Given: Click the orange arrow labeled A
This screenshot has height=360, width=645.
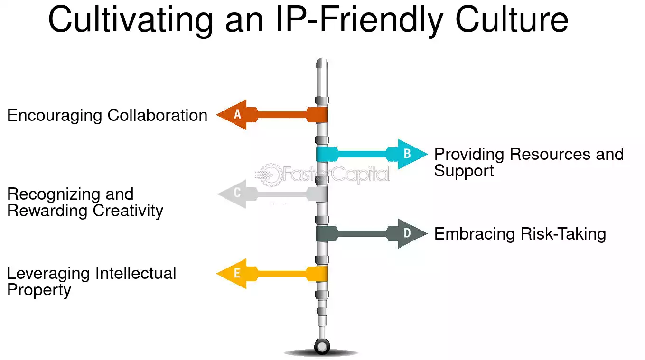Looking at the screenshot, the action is click(272, 115).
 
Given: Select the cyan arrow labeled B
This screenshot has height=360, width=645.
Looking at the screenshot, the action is click(372, 154).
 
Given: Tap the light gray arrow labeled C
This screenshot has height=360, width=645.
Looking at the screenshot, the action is click(272, 194).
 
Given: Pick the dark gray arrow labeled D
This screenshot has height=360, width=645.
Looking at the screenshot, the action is click(372, 233).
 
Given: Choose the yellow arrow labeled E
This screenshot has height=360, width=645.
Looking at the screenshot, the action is click(272, 273).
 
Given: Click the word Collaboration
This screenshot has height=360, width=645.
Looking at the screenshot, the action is click(157, 115).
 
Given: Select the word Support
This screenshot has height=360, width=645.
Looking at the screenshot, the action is click(464, 172).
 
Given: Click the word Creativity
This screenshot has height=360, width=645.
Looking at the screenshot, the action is click(128, 212).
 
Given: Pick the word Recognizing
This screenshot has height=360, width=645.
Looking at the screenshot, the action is click(54, 195).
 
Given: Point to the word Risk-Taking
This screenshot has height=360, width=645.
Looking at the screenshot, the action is click(563, 234).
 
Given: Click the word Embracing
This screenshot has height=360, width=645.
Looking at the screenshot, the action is click(475, 234).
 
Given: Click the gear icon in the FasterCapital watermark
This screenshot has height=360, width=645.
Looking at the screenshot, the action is click(270, 175).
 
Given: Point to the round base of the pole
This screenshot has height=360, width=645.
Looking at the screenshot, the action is click(322, 346).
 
